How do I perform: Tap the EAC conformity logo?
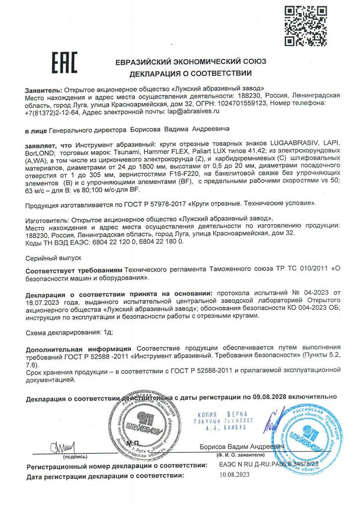point(65,63)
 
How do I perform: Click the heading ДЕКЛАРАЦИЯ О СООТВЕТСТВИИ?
point(191,74)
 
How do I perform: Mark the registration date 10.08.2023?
point(235,475)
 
